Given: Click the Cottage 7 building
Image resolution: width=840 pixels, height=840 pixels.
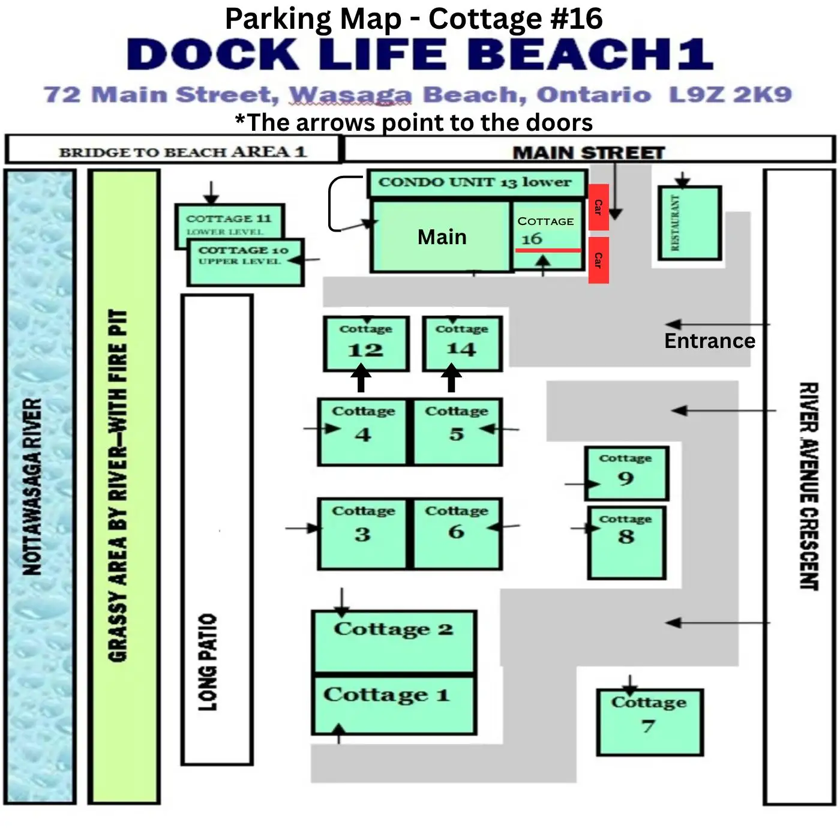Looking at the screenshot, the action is tap(650, 722).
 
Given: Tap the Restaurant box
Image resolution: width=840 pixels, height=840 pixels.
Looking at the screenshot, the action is tap(689, 223).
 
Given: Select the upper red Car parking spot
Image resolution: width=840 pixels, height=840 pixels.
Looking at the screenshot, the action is tap(599, 207).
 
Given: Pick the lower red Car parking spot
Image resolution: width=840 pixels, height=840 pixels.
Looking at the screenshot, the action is tap(599, 260).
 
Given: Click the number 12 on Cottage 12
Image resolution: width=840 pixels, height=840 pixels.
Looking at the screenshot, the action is tap(365, 350).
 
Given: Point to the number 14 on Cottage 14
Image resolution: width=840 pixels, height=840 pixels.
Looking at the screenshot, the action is tap(461, 349).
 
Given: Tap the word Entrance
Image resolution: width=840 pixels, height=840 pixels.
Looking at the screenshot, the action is tap(710, 341).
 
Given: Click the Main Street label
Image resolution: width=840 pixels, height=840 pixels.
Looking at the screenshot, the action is tap(589, 152).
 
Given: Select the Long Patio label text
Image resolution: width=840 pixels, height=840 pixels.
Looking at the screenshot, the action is tap(208, 662).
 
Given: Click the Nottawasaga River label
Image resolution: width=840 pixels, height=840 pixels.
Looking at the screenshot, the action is tap(32, 487).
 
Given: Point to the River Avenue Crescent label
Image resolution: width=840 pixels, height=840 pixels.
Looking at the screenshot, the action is tap(809, 486).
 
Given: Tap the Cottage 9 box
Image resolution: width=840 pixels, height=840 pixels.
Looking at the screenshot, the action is tap(626, 473).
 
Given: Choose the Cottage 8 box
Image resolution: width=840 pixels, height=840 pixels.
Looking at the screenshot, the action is tap(626, 543).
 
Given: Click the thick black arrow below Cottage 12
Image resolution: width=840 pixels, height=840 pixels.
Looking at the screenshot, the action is tap(361, 378).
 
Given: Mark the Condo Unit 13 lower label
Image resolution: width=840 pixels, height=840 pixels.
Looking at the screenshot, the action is tap(475, 182).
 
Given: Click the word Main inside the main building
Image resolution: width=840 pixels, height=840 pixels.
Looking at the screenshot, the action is tap(442, 237).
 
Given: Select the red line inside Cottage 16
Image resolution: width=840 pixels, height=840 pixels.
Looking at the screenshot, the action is tap(548, 251).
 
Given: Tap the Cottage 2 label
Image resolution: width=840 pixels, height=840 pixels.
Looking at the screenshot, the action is tap(394, 629).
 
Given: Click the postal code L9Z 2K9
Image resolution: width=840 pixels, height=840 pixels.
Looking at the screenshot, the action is tap(730, 95).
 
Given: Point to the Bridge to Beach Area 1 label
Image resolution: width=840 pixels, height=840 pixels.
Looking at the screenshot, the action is tap(183, 152).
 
